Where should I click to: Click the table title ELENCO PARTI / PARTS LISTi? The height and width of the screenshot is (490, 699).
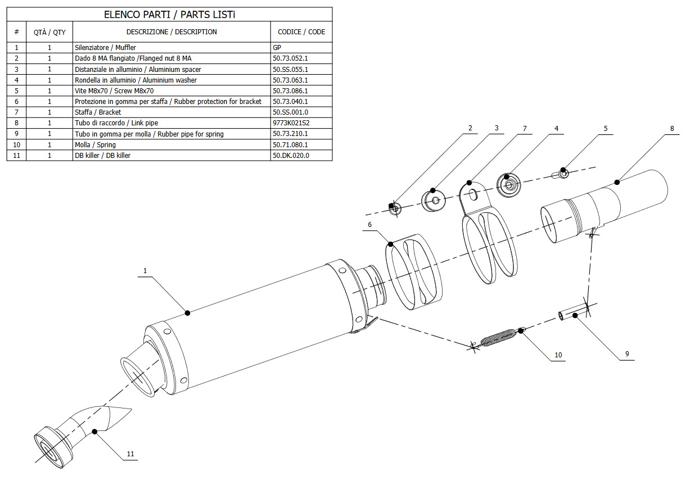169,15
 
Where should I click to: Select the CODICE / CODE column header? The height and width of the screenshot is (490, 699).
301,32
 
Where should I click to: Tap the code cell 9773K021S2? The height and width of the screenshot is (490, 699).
291,123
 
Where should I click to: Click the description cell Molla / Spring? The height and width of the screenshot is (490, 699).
95,145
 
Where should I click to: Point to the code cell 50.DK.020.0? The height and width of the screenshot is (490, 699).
291,156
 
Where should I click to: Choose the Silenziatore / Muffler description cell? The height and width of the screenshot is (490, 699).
105,48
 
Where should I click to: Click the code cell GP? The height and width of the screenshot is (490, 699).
277,48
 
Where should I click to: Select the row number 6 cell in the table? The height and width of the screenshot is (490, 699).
17,102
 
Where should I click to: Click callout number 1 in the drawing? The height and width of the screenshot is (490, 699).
145,271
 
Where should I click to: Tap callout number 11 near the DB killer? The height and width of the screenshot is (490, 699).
130,453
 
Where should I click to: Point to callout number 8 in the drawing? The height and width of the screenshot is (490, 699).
671,129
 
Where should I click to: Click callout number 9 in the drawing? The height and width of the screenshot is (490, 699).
626,354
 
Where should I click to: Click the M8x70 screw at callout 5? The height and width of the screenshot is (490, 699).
563,174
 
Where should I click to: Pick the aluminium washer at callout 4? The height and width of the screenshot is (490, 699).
508,183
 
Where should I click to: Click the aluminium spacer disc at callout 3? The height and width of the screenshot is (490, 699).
433,200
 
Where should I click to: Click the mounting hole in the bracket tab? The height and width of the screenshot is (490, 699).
473,194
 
